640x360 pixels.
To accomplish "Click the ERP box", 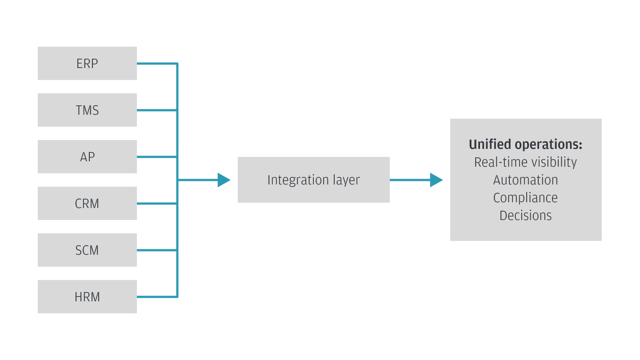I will (x=87, y=64).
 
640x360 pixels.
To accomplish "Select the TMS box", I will (x=87, y=110).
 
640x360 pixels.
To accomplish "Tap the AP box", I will (x=87, y=157).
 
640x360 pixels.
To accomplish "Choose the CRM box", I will (x=87, y=204).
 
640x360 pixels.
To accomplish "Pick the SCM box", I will (x=87, y=250).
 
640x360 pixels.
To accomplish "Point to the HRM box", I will (x=87, y=297).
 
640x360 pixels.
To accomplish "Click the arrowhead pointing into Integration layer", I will (x=224, y=180).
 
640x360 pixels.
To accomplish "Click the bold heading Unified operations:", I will (x=525, y=144).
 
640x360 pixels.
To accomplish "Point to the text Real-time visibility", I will (x=525, y=162).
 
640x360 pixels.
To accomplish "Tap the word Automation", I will (x=525, y=180).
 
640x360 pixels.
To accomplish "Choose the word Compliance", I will (x=525, y=198).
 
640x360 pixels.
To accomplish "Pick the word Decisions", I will (x=525, y=216).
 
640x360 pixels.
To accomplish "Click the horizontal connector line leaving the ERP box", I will (x=156, y=64).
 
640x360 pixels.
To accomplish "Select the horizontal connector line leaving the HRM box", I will (x=156, y=297).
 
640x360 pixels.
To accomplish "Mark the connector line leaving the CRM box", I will (x=156, y=204).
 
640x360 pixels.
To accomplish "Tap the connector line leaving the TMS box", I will (x=156, y=110).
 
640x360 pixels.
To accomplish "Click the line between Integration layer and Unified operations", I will (x=409, y=180).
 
